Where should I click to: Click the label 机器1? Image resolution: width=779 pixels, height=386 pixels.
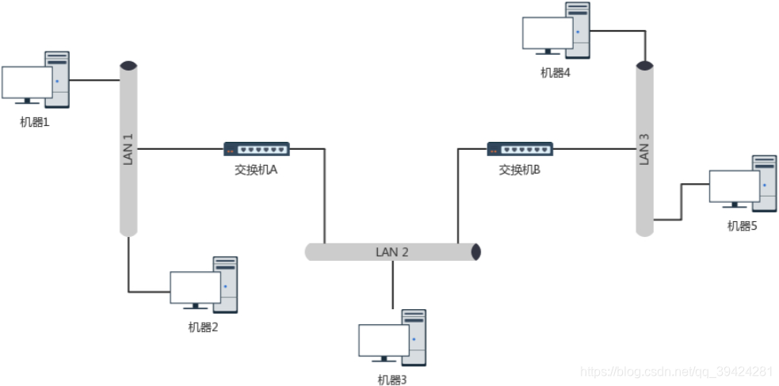point(35,122)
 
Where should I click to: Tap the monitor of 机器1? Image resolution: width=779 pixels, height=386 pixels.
point(26,82)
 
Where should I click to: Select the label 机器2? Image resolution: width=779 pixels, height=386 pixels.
point(203,327)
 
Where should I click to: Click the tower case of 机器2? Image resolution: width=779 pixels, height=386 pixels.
point(225,284)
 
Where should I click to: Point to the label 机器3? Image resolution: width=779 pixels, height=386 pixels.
point(391,380)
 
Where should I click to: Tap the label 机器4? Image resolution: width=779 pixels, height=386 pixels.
point(556,73)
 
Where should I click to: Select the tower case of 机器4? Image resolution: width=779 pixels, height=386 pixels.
point(578,29)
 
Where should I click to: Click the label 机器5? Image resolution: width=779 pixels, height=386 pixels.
point(743,226)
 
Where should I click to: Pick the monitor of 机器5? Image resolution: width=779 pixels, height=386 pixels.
point(734,186)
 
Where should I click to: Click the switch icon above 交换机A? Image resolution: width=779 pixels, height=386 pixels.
point(256,149)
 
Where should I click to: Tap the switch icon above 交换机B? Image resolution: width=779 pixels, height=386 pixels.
point(520,149)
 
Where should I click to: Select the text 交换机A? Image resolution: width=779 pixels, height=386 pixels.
point(256,169)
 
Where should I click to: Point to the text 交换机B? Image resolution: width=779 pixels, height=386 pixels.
point(520,169)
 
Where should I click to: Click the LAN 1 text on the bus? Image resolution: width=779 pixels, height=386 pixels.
point(128,148)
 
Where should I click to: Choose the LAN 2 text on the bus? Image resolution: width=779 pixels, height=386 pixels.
point(392,252)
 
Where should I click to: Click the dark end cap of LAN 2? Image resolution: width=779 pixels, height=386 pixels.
point(475,252)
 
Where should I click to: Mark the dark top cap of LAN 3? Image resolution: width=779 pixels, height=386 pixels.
point(645,65)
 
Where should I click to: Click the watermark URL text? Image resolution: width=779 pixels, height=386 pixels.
point(677,371)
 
